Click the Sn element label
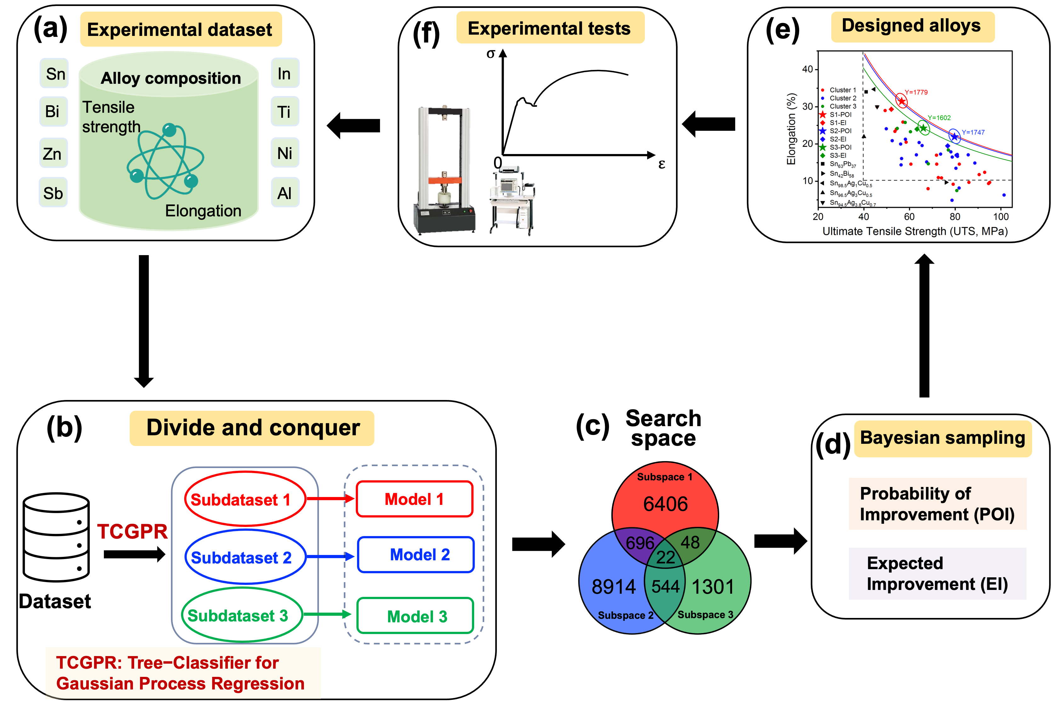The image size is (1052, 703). pos(56,74)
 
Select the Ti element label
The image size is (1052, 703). pos(284,112)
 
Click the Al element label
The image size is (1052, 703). pos(284,194)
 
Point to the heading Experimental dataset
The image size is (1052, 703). pos(180,30)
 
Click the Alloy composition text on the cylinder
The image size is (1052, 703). pos(171,78)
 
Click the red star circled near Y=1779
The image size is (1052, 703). pos(901,101)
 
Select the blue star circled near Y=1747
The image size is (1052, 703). pos(954,136)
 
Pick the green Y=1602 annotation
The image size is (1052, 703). pos(939,118)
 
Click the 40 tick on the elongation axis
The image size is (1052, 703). pos(807,69)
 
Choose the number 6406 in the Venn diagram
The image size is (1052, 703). pos(665,504)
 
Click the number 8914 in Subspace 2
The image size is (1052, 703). pos(614,587)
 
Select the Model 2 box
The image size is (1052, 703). pos(416,555)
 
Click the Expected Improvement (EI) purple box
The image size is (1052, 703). pos(937,574)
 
